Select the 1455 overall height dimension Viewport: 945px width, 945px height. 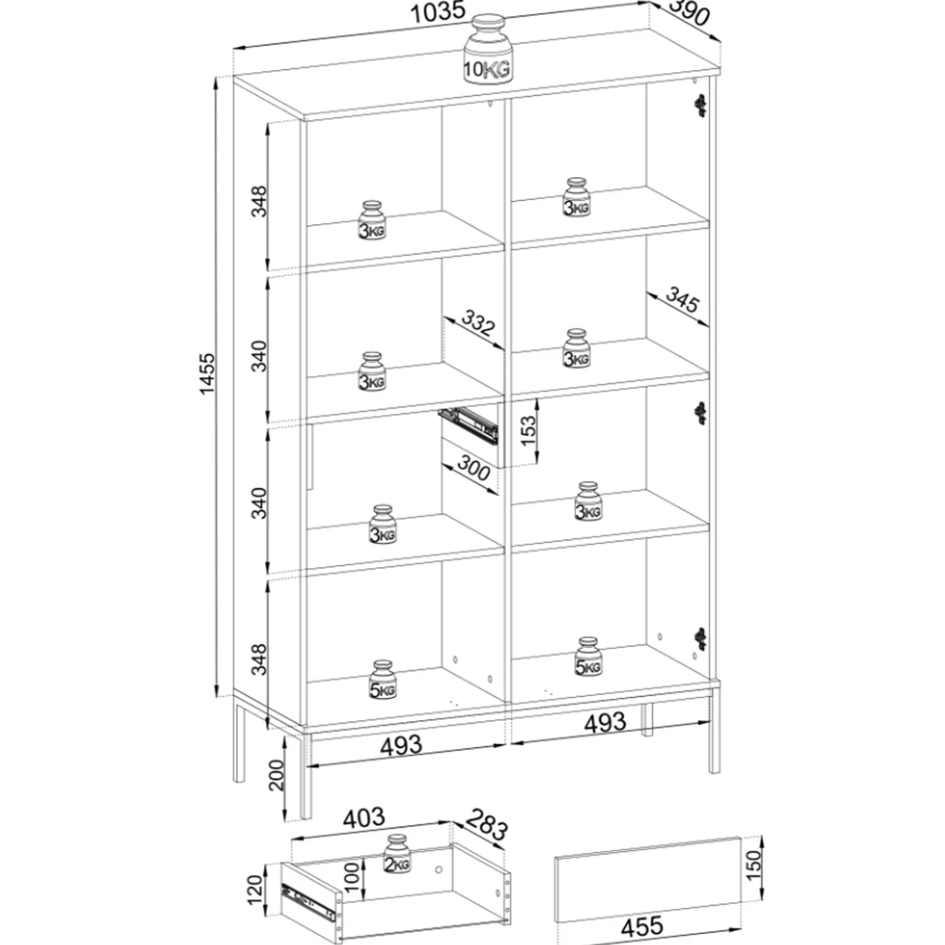207,374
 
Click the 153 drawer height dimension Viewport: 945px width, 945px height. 529,429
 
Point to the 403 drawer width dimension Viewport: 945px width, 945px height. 364,818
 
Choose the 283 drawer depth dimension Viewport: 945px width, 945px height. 487,824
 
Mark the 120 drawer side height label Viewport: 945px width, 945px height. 255,890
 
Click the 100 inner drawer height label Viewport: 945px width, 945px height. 351,877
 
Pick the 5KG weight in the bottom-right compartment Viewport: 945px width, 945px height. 588,657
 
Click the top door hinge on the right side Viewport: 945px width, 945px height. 700,105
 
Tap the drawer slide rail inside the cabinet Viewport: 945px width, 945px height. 469,424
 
